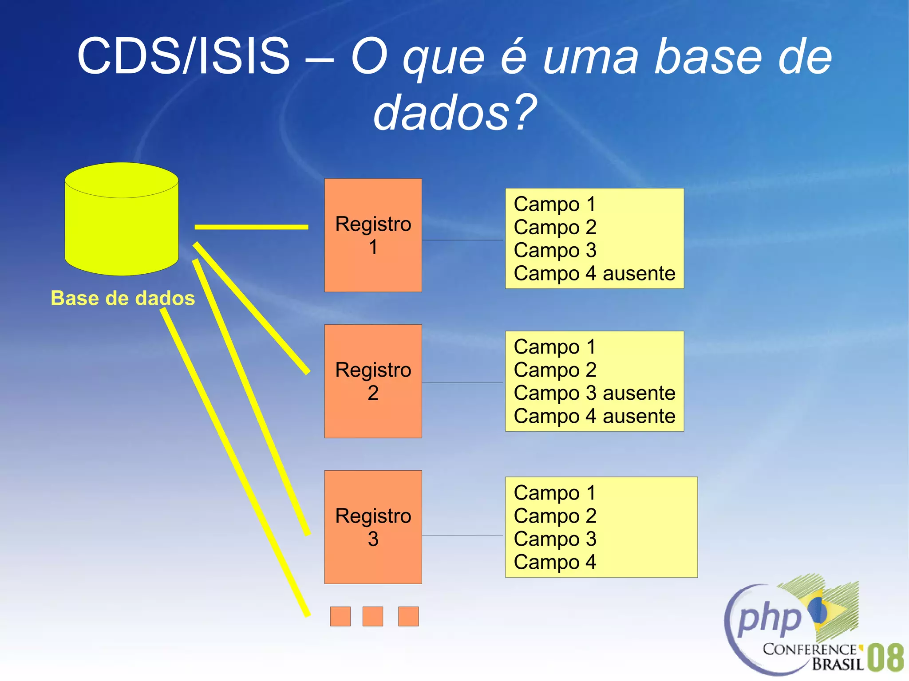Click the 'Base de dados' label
pos(123,298)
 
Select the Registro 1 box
pos(373,235)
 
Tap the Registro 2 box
pos(373,381)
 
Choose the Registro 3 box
pos(373,527)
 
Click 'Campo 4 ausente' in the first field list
pos(594,273)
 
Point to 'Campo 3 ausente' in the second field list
pos(594,393)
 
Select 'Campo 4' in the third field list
pos(555,562)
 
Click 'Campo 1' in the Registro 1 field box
pos(555,205)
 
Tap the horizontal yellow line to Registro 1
pos(251,227)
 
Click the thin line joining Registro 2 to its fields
pos(462,382)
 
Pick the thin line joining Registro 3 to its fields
pos(462,535)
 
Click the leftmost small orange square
pos(340,616)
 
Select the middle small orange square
pos(372,616)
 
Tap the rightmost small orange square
pos(408,616)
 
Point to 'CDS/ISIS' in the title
pos(183,56)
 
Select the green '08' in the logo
pos(885,658)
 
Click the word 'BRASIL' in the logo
pos(838,664)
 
